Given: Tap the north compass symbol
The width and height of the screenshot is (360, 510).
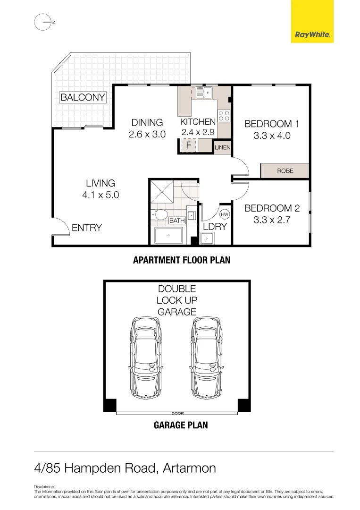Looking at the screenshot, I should [43, 22].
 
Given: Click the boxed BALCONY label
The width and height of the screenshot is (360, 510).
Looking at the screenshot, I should [83, 98].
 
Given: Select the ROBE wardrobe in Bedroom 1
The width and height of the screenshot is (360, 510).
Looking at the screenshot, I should [285, 171].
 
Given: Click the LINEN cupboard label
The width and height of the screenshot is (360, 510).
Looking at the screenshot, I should [222, 147].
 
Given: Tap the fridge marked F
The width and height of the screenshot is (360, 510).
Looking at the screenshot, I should [189, 145].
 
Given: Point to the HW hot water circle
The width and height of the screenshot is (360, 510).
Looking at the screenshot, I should [225, 214].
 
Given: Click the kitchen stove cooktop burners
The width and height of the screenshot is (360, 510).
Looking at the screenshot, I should [224, 116].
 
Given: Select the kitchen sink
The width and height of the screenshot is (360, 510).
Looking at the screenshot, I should [204, 92].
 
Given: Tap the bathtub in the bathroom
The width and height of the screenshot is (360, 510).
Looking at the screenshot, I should [168, 235].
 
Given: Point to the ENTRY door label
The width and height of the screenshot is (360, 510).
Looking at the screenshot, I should [87, 228].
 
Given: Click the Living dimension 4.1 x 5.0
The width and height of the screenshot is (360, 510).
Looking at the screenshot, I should [100, 195].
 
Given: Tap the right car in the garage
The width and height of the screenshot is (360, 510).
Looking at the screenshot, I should [206, 357].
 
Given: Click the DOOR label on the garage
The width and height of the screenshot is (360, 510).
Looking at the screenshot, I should [177, 413].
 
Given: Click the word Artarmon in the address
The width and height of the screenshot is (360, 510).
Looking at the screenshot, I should [189, 468].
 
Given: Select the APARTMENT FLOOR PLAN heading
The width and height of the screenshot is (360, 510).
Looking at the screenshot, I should [182, 260].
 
